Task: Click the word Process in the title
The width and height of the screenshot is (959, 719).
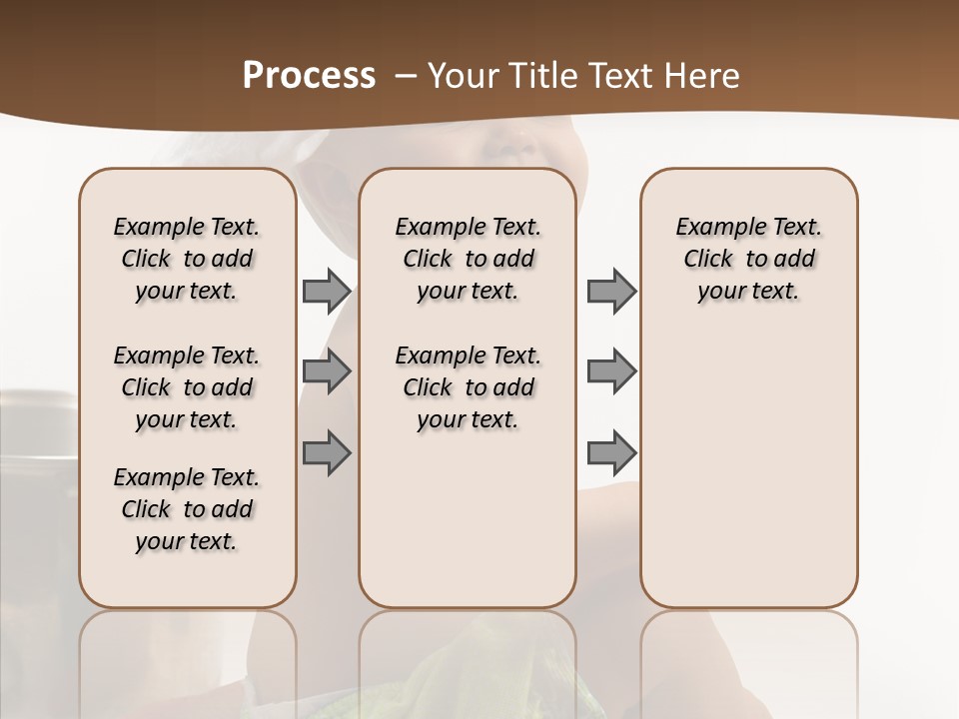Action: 309,75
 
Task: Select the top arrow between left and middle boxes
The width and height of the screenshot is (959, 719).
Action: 327,291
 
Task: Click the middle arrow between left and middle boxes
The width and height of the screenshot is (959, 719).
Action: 327,371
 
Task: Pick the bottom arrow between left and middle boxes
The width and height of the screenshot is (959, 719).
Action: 327,453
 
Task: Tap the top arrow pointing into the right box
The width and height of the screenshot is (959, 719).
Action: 611,291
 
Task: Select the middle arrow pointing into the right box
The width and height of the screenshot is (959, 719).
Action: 611,371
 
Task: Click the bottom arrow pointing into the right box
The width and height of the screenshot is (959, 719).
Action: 611,453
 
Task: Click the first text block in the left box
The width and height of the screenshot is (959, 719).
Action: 187,259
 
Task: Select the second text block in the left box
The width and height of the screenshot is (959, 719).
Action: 187,387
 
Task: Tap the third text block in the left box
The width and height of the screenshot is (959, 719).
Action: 187,509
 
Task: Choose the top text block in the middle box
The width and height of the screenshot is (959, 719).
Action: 469,259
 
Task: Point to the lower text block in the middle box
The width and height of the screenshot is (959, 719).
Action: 469,387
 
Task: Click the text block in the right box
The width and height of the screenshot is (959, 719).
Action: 749,259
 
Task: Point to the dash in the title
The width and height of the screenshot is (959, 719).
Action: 407,75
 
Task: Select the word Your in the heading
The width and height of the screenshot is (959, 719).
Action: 461,75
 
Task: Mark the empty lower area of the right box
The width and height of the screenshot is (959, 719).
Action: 749,469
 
